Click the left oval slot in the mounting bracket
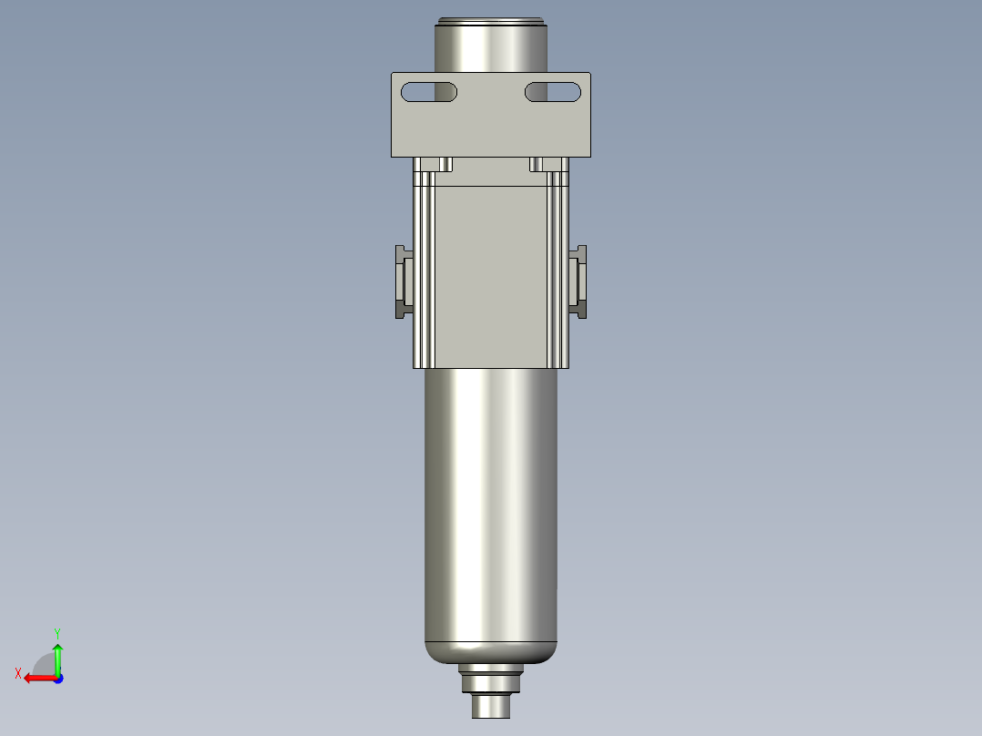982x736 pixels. click(429, 92)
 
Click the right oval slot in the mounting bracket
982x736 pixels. click(552, 92)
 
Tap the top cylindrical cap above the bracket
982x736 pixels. click(491, 47)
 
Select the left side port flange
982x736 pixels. click(403, 281)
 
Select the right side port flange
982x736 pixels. click(578, 281)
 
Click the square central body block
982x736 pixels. click(491, 273)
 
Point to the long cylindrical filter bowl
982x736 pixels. click(491, 501)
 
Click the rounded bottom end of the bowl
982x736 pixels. click(491, 652)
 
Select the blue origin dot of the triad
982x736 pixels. click(57, 678)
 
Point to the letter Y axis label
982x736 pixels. click(56, 632)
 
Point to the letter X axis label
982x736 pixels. click(18, 674)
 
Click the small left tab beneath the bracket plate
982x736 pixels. click(445, 164)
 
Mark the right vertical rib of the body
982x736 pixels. click(557, 273)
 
